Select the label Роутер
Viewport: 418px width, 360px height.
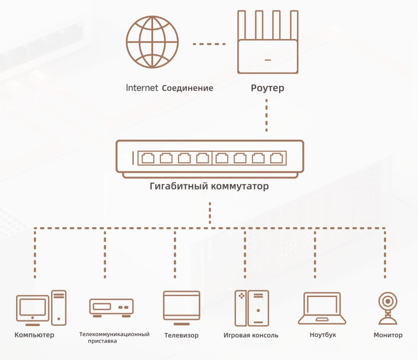[267, 88]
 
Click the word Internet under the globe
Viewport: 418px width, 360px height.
[142, 88]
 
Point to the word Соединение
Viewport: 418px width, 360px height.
[188, 88]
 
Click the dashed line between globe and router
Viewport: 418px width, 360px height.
[209, 44]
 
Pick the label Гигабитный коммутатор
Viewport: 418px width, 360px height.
[209, 187]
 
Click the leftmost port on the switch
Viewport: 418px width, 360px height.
[148, 158]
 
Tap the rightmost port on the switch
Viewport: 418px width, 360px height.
[276, 158]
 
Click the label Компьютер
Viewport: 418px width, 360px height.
[34, 335]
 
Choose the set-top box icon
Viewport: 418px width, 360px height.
[111, 308]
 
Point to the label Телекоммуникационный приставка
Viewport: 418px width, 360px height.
[114, 337]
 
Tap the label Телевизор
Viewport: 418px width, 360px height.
[182, 335]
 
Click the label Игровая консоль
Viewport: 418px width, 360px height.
[251, 335]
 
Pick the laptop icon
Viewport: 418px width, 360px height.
[322, 308]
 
